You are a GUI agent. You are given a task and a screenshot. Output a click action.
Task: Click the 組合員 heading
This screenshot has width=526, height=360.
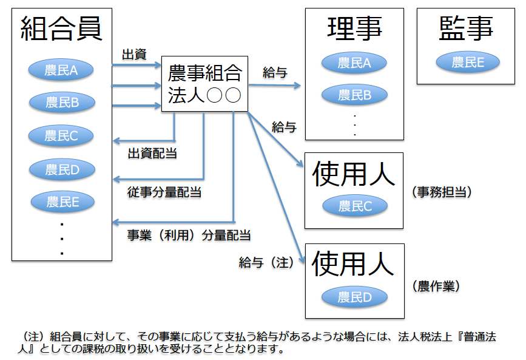[x=61, y=28]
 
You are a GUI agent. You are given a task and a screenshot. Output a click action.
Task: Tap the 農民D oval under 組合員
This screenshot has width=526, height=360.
[x=62, y=170]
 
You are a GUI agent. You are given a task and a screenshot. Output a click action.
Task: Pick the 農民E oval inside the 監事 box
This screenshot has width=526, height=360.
[x=467, y=62]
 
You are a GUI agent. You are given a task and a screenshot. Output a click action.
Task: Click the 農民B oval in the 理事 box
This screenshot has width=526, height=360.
[x=354, y=95]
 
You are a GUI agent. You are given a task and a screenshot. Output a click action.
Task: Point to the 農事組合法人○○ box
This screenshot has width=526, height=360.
[x=204, y=84]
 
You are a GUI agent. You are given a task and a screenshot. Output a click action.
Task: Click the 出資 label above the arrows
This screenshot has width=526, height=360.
[x=134, y=55]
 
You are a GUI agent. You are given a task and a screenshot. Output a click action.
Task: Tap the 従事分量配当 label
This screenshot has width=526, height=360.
[x=164, y=193]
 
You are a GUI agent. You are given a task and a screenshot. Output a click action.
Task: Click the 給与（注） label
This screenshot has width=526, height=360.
[x=267, y=262]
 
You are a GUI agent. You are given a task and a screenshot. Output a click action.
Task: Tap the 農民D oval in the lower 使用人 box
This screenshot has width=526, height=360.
[x=354, y=297]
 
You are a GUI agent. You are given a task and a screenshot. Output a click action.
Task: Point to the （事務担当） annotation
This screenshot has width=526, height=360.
[x=441, y=192]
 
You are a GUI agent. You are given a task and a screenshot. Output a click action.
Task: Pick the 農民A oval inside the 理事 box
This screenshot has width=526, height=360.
[x=354, y=62]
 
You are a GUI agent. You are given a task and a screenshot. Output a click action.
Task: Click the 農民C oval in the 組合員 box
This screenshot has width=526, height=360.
[x=61, y=137]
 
